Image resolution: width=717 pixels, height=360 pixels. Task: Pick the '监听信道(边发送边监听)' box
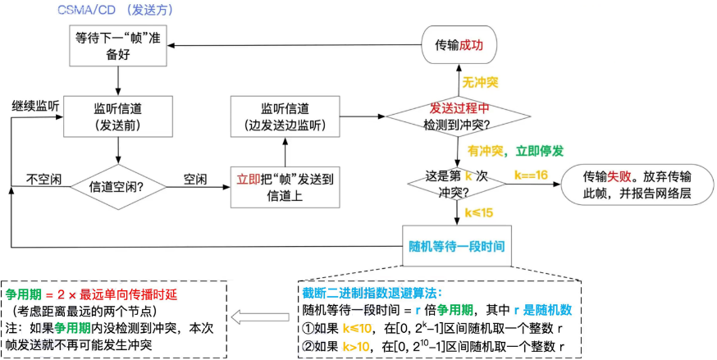285,116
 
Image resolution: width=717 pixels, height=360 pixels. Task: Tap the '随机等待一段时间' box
456,245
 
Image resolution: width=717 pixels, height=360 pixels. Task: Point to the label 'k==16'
530,175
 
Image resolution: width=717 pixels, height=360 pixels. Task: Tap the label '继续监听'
34,107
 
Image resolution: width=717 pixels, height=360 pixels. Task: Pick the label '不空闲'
41,178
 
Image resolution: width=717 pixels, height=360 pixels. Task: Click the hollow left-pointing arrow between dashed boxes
250,317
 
